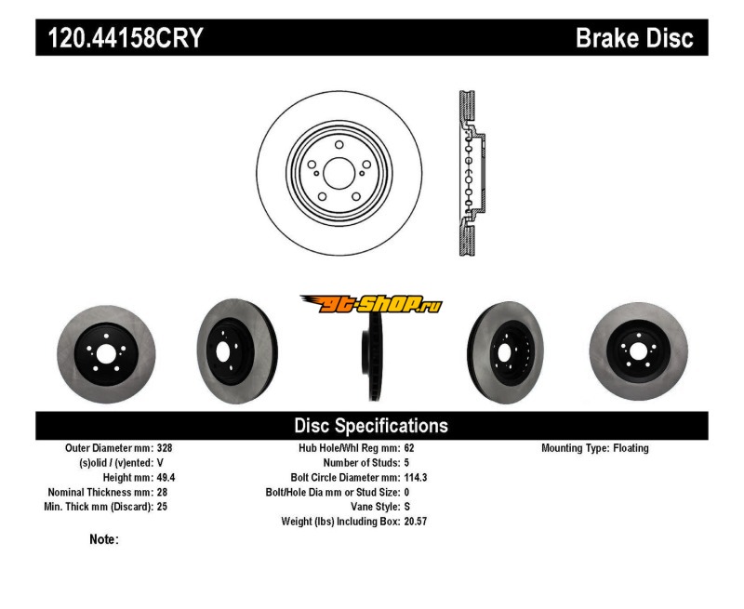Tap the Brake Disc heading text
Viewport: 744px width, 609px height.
click(x=634, y=38)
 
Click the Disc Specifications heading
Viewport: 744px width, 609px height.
click(x=371, y=426)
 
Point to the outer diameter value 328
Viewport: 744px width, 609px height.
click(x=164, y=448)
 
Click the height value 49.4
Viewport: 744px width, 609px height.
click(x=166, y=477)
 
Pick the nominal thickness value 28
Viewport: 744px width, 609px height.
click(x=161, y=492)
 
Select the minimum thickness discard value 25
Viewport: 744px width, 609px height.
click(x=161, y=507)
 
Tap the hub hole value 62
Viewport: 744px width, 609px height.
click(x=410, y=448)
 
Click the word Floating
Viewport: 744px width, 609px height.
click(x=631, y=448)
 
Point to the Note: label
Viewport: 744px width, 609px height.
click(x=104, y=539)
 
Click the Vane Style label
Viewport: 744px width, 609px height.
click(x=370, y=507)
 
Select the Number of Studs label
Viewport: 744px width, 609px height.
click(x=361, y=462)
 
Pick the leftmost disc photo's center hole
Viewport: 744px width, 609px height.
click(x=105, y=354)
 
